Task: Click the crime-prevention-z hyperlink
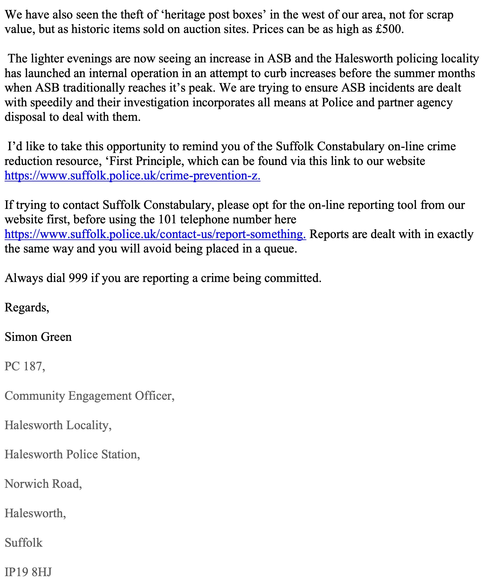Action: click(x=132, y=176)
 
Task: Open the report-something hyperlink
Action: click(x=155, y=234)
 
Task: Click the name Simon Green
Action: click(x=38, y=337)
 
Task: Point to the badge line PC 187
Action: click(x=24, y=366)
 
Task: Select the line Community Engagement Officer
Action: click(x=89, y=396)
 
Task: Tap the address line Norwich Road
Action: click(x=43, y=484)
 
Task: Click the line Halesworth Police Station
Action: click(x=72, y=455)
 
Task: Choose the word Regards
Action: click(x=27, y=308)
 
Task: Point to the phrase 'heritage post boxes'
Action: click(x=214, y=15)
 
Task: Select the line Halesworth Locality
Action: click(x=58, y=425)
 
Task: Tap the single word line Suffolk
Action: click(x=24, y=543)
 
